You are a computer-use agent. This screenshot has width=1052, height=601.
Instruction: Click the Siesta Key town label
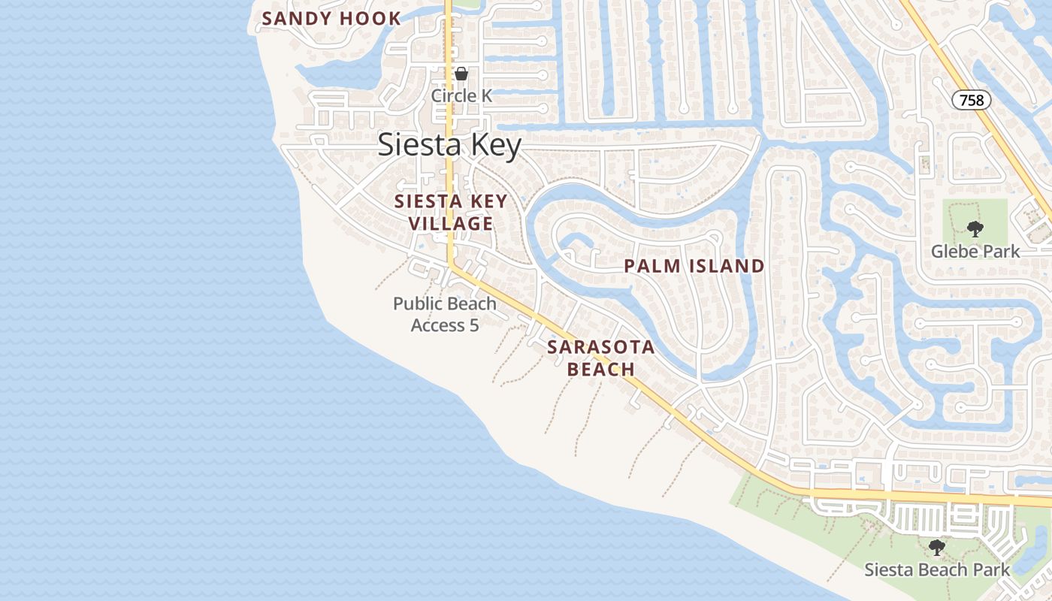click(449, 145)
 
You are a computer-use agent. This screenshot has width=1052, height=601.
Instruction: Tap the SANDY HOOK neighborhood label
click(331, 19)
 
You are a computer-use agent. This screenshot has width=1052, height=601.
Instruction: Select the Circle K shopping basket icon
click(461, 74)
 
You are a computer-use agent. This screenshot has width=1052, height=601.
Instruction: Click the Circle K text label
click(461, 95)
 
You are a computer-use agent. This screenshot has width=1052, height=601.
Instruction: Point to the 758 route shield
click(972, 100)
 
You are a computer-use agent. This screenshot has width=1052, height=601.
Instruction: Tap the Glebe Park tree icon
click(975, 229)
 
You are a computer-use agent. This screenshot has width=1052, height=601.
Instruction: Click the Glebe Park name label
click(975, 251)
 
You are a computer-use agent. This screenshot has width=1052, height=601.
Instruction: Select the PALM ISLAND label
click(694, 266)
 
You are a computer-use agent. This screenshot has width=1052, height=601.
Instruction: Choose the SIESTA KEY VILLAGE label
click(451, 213)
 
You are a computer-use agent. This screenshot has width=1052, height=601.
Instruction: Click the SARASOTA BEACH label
click(601, 358)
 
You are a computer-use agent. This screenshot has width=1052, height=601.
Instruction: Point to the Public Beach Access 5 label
click(445, 314)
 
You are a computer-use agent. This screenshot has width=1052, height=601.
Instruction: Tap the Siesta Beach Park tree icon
click(936, 548)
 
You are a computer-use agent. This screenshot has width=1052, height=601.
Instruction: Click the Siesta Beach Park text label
click(937, 569)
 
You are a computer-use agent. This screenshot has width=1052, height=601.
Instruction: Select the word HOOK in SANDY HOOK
click(370, 19)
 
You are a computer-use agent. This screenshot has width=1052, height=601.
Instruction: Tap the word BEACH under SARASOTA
click(601, 370)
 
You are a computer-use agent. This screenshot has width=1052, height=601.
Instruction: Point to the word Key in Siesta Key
click(494, 145)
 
